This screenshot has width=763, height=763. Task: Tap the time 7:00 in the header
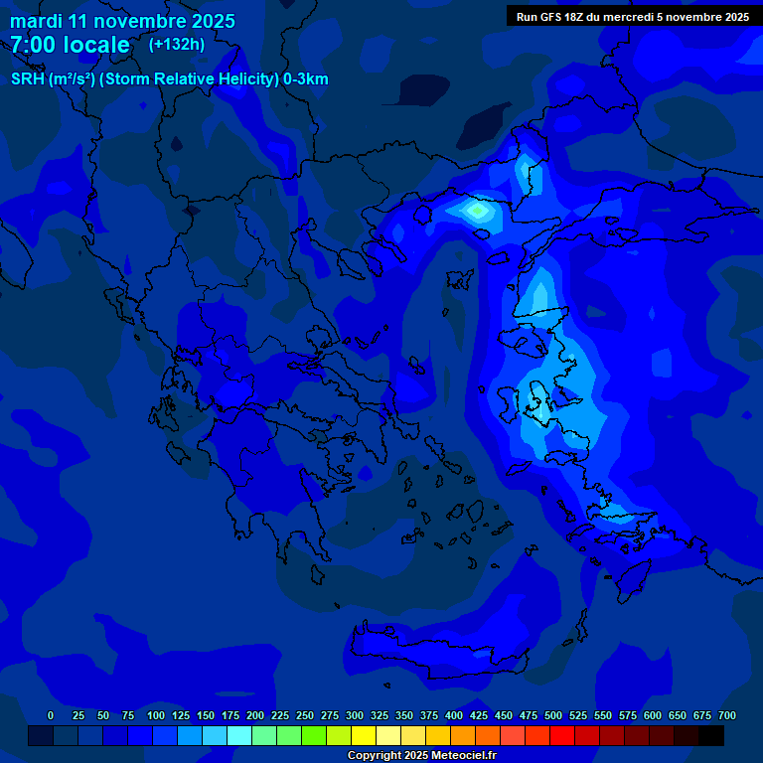click(x=39, y=45)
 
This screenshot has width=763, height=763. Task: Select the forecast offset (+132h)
click(x=177, y=44)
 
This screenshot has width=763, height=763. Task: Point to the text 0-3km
click(x=306, y=79)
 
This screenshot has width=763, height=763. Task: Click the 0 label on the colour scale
click(x=51, y=715)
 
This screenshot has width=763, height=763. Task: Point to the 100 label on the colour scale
click(x=156, y=715)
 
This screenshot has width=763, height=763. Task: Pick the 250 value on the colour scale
click(x=305, y=715)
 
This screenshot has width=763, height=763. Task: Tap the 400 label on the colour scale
click(x=454, y=715)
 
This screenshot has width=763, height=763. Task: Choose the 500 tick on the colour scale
click(x=553, y=715)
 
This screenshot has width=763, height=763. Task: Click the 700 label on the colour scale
click(x=727, y=715)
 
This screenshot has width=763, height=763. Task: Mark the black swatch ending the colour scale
click(x=711, y=735)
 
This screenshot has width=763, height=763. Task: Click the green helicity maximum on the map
click(x=479, y=210)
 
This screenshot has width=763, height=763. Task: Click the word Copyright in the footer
click(x=376, y=756)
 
